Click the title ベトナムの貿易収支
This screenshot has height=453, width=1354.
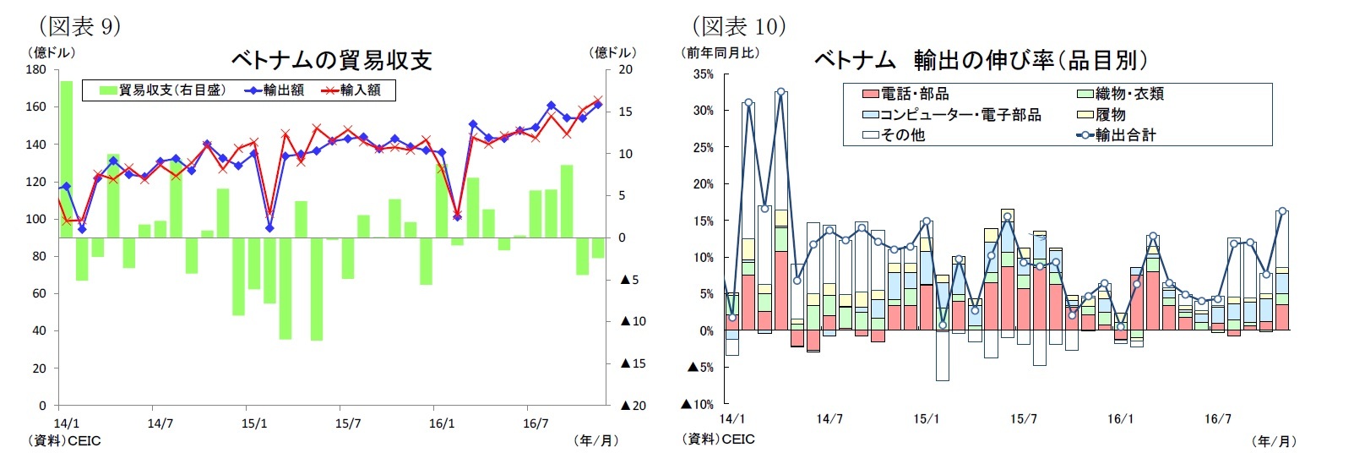[331, 60]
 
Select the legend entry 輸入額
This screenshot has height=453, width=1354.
[351, 90]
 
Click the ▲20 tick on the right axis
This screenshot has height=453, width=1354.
[633, 406]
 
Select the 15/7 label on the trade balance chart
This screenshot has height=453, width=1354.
[348, 423]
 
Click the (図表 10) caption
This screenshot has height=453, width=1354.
[739, 26]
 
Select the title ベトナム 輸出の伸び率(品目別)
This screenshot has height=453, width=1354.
[980, 60]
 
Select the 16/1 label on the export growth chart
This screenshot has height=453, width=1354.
[1120, 419]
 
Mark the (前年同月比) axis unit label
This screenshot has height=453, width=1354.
[721, 52]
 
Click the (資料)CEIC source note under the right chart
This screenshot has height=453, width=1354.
[718, 439]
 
